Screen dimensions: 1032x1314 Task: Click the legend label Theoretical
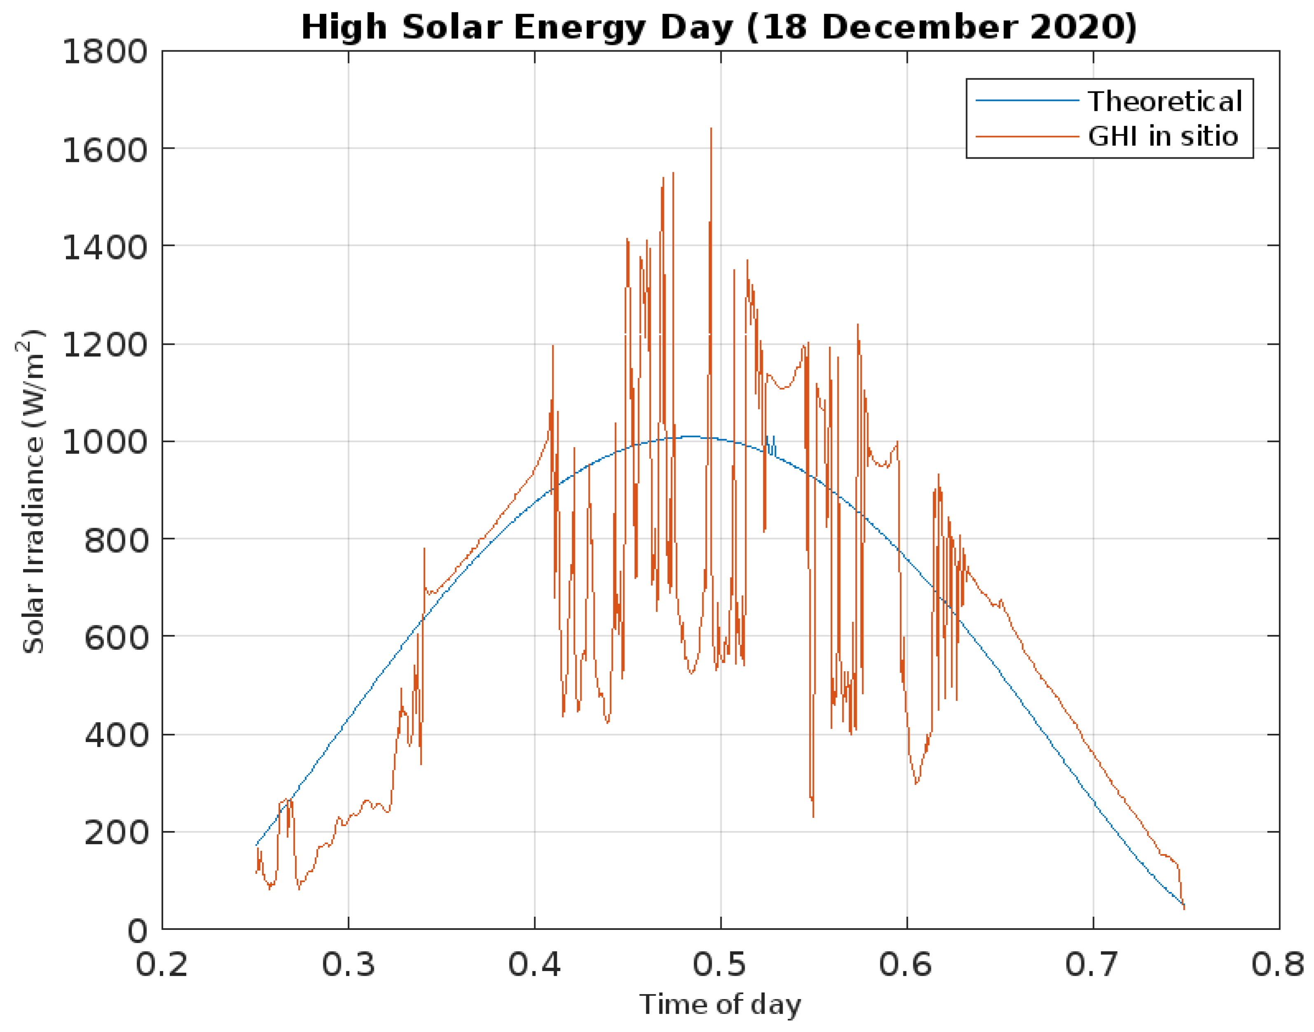[1165, 101]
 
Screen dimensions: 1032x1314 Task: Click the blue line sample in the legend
[1027, 101]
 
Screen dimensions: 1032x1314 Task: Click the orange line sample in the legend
[1027, 137]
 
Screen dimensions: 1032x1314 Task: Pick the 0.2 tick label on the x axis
[161, 964]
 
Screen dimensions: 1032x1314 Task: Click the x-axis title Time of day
[720, 1005]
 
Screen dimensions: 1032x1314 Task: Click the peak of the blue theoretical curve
[689, 436]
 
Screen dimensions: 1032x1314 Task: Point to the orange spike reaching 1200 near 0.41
[552, 348]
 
